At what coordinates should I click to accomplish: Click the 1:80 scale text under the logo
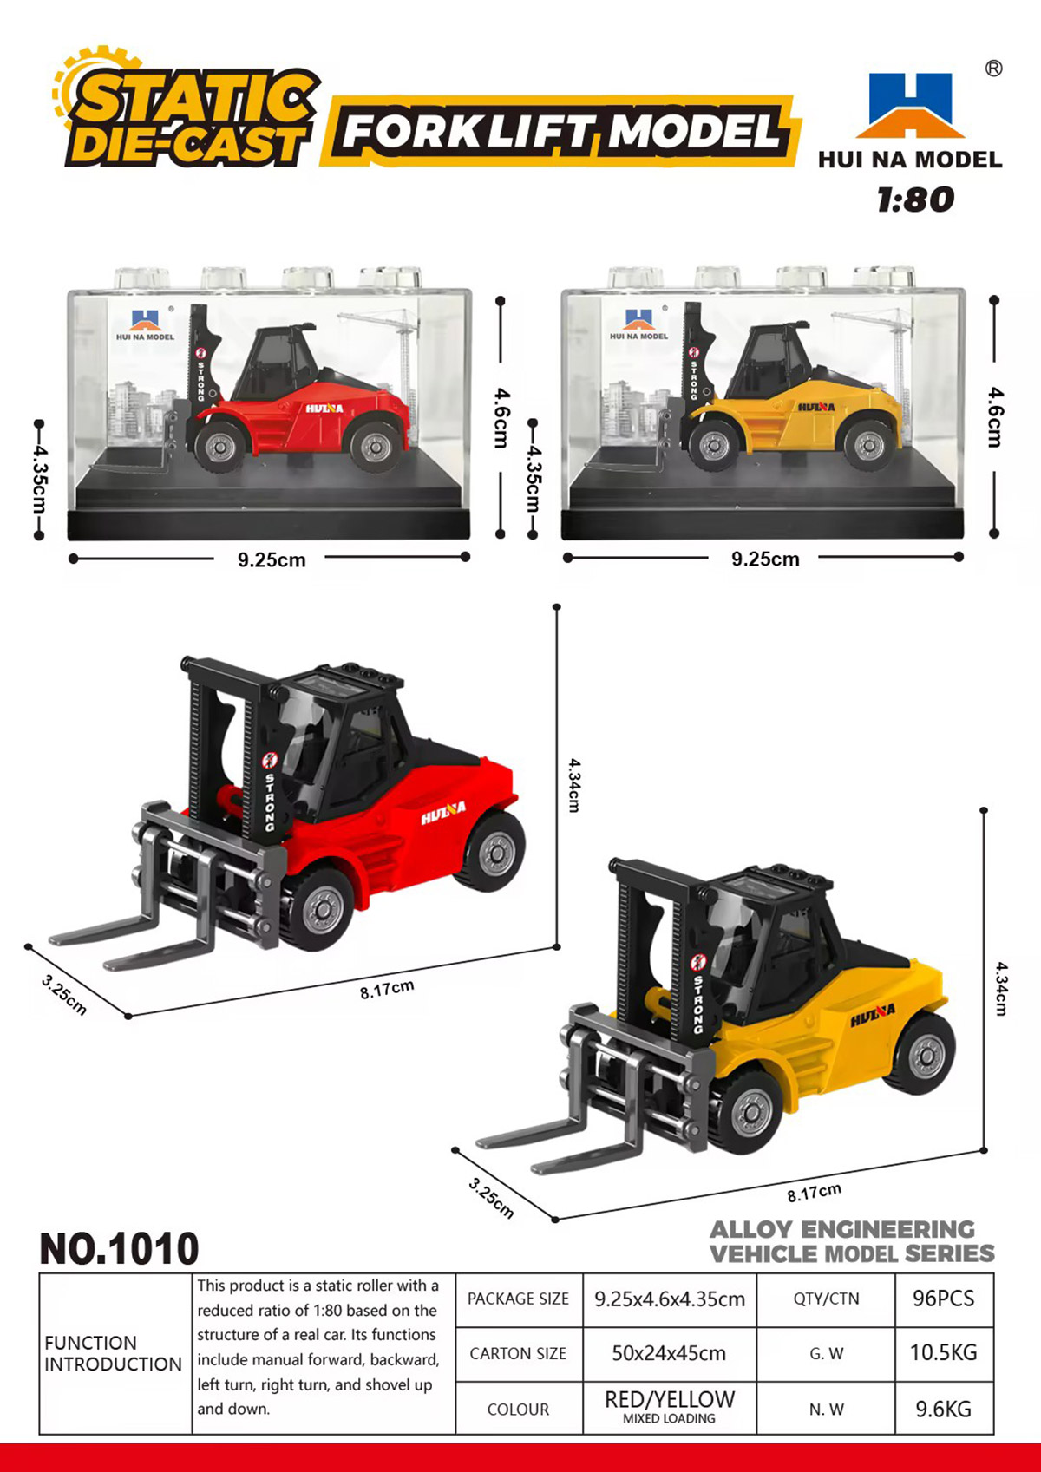coord(915,199)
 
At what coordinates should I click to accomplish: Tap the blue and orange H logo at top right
coord(910,105)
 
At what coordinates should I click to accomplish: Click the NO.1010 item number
coord(119,1248)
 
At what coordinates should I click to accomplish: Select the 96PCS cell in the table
coord(944,1299)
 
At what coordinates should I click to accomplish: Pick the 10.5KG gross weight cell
coord(944,1352)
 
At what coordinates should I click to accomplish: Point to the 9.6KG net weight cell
coord(944,1409)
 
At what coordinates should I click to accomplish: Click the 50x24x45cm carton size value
coord(669,1353)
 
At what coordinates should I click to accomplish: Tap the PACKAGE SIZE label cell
coord(519,1299)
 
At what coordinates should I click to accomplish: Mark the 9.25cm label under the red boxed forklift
coord(272,559)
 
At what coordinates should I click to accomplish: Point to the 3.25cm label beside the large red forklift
coord(63,996)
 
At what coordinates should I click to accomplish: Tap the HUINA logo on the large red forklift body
coord(443,813)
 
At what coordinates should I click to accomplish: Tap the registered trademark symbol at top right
coord(993,69)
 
